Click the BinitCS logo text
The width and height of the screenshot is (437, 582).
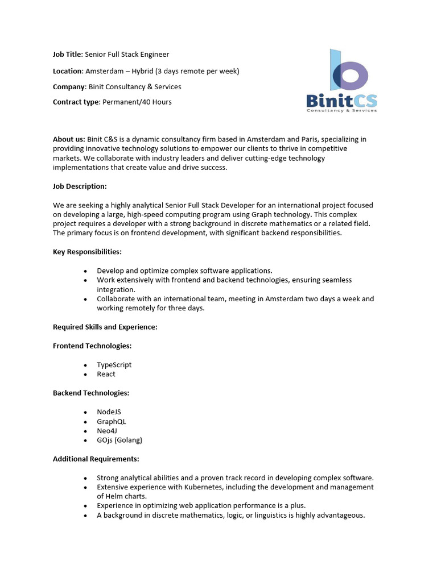(341, 101)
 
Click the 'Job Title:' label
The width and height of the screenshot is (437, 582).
(68, 55)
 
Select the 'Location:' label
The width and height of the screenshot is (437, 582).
(68, 71)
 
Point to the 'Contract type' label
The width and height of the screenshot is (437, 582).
(76, 102)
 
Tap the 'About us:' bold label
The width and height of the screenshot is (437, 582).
(69, 139)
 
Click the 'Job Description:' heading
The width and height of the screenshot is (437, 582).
(80, 186)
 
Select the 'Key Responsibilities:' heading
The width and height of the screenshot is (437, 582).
(87, 252)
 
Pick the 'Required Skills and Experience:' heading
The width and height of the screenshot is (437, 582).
(105, 327)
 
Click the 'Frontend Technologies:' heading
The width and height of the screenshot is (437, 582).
(92, 346)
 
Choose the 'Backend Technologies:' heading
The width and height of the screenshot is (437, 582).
(91, 393)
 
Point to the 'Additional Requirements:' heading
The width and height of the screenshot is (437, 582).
(96, 459)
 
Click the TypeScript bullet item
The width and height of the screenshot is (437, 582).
(114, 365)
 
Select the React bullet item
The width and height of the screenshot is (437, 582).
(106, 374)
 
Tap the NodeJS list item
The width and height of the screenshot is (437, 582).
(109, 412)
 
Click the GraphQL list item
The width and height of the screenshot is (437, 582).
(112, 422)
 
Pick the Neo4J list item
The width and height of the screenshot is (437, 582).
(107, 431)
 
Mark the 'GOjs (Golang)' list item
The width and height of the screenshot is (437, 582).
(119, 440)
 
